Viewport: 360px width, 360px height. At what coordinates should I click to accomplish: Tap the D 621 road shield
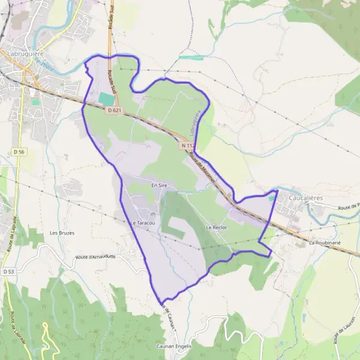pyautogui.click(x=115, y=110)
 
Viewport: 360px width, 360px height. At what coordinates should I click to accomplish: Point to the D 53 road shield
pyautogui.click(x=8, y=271)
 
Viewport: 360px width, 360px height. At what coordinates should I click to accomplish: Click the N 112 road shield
pyautogui.click(x=188, y=145)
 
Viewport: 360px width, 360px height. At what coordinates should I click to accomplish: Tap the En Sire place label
pyautogui.click(x=159, y=186)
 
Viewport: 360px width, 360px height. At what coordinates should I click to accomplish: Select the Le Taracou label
pyautogui.click(x=143, y=223)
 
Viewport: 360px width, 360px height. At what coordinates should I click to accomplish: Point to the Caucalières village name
pyautogui.click(x=306, y=197)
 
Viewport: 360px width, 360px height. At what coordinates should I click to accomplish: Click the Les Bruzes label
pyautogui.click(x=62, y=233)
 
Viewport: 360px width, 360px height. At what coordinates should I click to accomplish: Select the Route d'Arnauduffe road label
pyautogui.click(x=95, y=257)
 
